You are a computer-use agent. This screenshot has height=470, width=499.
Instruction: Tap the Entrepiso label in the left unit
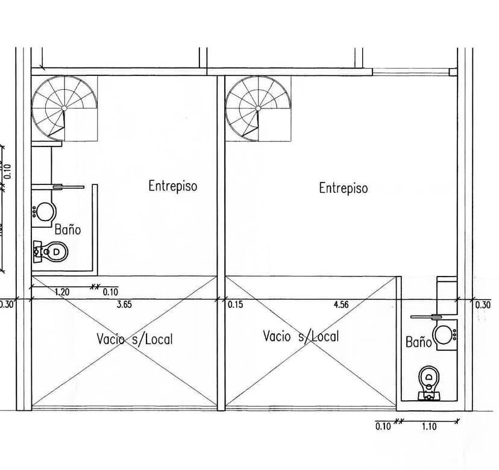pos(172,186)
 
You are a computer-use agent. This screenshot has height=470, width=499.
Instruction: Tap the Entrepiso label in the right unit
pos(343,188)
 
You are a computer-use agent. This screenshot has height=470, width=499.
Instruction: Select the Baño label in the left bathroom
pos(67,230)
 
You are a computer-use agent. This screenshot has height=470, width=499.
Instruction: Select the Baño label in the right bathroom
pos(418,342)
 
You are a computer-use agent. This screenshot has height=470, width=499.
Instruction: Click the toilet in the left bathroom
pos(52,251)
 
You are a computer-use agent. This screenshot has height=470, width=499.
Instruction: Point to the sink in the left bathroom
pos(45,211)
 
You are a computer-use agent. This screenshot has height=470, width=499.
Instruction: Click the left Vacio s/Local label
pos(134,339)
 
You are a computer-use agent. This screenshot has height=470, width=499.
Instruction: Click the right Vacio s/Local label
pos(301,336)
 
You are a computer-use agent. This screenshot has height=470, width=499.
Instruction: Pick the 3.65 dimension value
pos(124,305)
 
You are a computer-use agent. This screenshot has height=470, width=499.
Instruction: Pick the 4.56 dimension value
pos(341,305)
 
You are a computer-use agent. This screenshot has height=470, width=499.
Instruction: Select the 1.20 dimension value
pos(62,292)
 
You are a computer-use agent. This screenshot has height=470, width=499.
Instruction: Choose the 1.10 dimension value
pos(428,427)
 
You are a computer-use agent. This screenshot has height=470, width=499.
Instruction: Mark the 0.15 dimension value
pos(235,305)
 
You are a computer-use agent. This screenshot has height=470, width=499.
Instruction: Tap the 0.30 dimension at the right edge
pos(483,305)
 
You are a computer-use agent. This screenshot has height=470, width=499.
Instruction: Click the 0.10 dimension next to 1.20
pos(110,292)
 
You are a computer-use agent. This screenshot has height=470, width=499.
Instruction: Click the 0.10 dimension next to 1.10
pos(383,427)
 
